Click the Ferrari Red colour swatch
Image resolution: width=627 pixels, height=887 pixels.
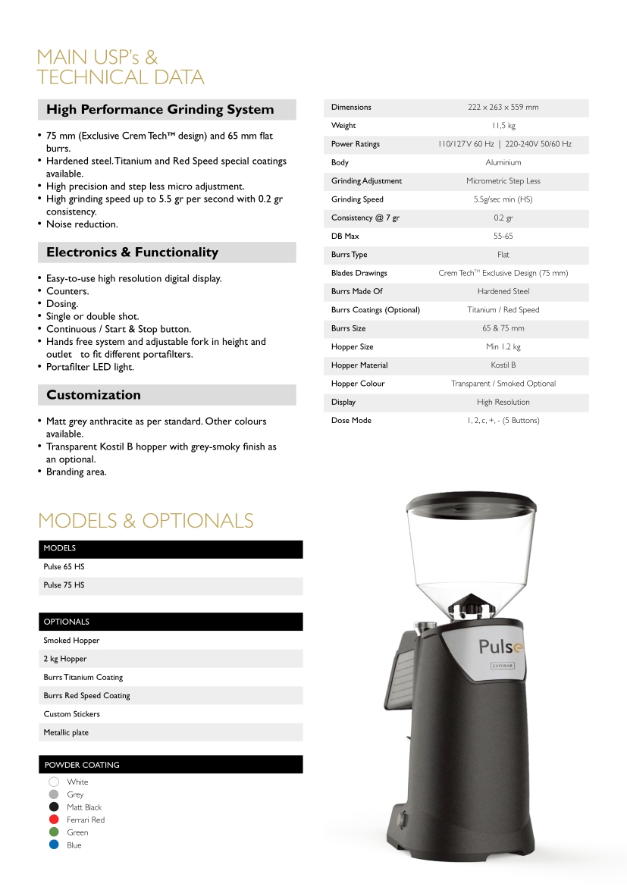click(x=54, y=820)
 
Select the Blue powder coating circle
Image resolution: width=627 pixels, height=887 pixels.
click(x=54, y=845)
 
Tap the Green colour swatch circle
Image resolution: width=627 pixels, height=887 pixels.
click(x=54, y=832)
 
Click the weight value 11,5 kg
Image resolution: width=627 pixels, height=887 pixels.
click(x=503, y=126)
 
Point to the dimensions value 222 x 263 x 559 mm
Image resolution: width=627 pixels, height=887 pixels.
click(x=503, y=108)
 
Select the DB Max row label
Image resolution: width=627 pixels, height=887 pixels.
click(x=345, y=237)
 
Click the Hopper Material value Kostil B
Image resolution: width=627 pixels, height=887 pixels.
click(x=503, y=365)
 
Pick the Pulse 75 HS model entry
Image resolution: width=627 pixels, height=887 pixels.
click(x=64, y=585)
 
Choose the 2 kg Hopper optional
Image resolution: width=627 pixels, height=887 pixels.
click(x=65, y=659)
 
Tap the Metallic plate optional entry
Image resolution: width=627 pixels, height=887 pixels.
click(x=66, y=732)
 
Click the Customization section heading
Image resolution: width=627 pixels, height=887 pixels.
click(x=93, y=395)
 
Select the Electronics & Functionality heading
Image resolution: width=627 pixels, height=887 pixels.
click(x=132, y=252)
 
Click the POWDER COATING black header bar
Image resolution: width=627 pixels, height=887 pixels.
click(x=171, y=765)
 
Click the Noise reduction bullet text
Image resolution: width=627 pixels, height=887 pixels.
click(x=82, y=224)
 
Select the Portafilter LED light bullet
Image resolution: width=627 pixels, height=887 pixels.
click(x=89, y=367)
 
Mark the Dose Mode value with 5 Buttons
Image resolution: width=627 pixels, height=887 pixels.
click(x=503, y=421)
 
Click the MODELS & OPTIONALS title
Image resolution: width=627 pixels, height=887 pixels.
click(x=146, y=521)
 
